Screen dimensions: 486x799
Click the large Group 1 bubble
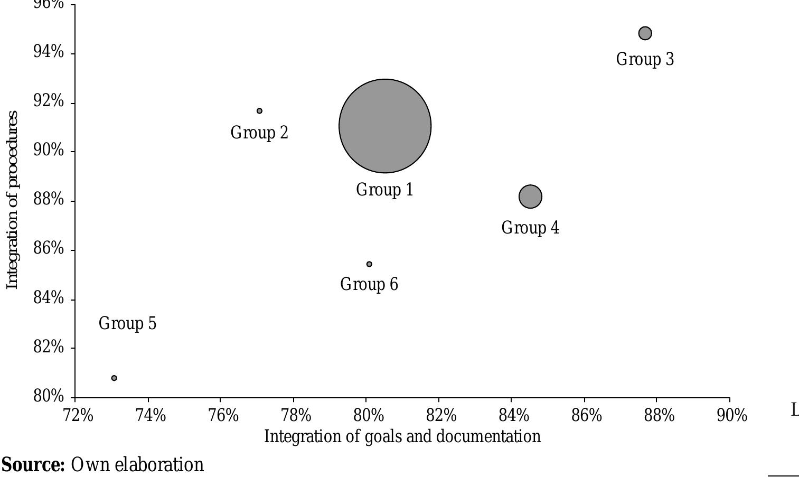385,126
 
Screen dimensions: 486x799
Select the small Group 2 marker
259,111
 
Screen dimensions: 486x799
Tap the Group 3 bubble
645,33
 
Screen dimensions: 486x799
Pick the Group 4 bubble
530,197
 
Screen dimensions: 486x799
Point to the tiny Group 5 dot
114,378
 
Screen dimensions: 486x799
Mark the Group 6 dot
369,264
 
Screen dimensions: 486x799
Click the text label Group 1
384,190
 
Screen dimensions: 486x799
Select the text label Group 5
127,323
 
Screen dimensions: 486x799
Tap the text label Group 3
645,59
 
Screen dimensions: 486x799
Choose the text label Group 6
369,284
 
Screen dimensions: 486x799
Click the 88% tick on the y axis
49,200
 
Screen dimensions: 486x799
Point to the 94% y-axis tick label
49,52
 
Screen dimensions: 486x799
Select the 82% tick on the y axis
49,347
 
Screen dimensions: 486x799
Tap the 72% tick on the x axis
78,416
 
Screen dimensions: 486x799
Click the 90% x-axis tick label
732,416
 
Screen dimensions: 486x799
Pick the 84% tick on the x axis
514,416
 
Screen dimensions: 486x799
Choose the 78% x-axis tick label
296,416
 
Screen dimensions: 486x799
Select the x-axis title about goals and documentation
402,436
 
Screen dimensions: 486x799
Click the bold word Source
33,465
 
